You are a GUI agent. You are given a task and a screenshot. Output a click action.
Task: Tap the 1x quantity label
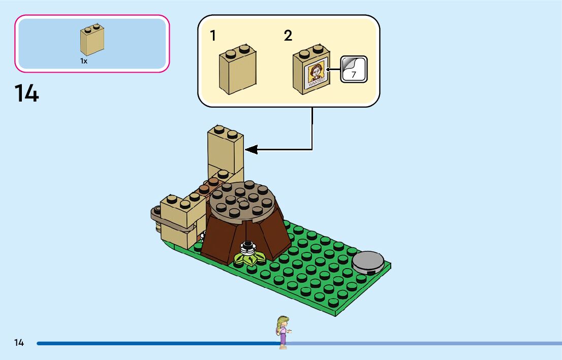click(84, 61)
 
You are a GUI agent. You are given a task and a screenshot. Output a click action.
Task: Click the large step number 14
click(26, 94)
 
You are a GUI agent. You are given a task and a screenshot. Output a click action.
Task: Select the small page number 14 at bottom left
click(19, 343)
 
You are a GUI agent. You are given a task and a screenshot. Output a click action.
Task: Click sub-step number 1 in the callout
click(213, 36)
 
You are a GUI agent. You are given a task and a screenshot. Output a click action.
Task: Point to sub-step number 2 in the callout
click(288, 36)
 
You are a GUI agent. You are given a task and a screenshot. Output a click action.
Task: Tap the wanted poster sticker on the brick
click(315, 76)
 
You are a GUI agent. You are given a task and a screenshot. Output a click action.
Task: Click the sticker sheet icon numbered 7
click(353, 69)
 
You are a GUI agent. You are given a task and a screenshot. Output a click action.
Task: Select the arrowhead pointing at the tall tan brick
click(251, 149)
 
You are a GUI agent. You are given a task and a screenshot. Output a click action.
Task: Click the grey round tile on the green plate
click(367, 262)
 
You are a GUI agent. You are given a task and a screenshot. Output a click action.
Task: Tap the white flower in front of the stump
click(247, 248)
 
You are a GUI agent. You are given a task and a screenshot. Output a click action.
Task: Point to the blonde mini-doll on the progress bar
click(283, 332)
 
